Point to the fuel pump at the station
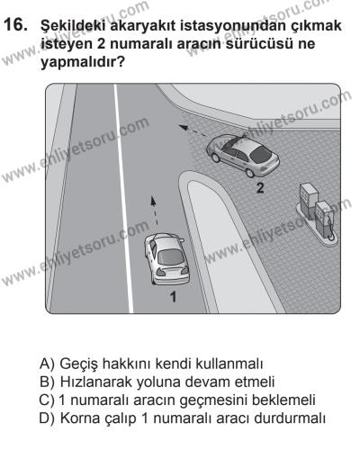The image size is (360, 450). [318, 214]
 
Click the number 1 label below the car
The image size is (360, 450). [171, 296]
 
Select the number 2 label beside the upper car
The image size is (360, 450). [260, 188]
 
